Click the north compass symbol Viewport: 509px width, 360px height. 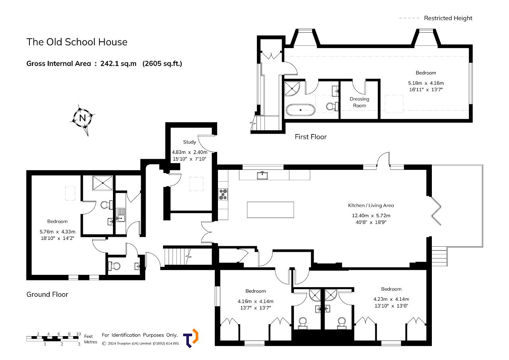click(82, 118)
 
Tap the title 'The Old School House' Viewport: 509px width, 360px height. click(77, 42)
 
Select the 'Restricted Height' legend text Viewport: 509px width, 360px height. click(448, 18)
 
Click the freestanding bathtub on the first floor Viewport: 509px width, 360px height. click(301, 110)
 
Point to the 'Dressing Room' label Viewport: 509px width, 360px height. click(359, 102)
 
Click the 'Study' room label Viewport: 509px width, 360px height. click(190, 142)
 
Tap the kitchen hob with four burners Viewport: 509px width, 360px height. click(223, 195)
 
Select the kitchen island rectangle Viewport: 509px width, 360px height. click(270, 210)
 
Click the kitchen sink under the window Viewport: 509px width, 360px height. click(262, 175)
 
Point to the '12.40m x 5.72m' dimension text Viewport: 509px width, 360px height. click(371, 216)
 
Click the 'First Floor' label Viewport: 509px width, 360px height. click(311, 137)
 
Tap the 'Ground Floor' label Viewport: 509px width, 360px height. click(47, 294)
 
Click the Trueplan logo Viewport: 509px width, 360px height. click(191, 338)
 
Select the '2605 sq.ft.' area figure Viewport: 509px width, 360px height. click(162, 64)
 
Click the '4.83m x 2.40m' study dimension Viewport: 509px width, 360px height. click(190, 152)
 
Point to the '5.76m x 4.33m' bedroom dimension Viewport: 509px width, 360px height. click(57, 232)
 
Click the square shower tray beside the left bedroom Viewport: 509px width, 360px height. click(103, 183)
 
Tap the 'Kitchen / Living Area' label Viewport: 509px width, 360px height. click(371, 205)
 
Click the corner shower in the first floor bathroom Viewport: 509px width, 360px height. click(292, 89)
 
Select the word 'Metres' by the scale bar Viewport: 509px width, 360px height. click(90, 342)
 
